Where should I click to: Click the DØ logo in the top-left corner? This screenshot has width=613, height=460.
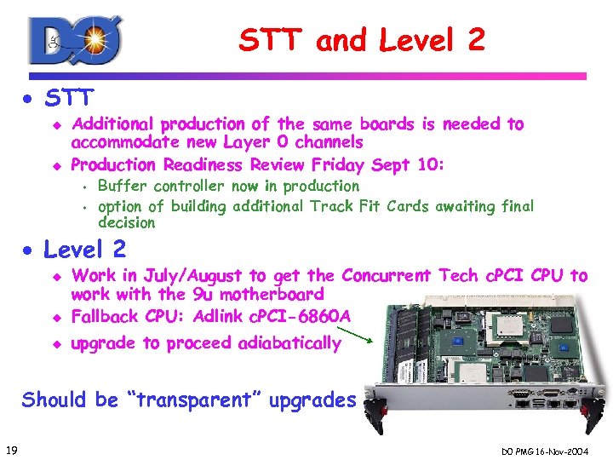point(75,41)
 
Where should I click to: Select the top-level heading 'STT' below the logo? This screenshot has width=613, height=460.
point(70,97)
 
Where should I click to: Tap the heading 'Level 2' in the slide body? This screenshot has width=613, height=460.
point(84,250)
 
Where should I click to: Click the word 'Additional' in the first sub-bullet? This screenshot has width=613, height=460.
point(113,124)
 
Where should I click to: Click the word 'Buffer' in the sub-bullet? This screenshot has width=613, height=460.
point(123,186)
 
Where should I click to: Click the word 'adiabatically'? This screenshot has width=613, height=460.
point(289,343)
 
